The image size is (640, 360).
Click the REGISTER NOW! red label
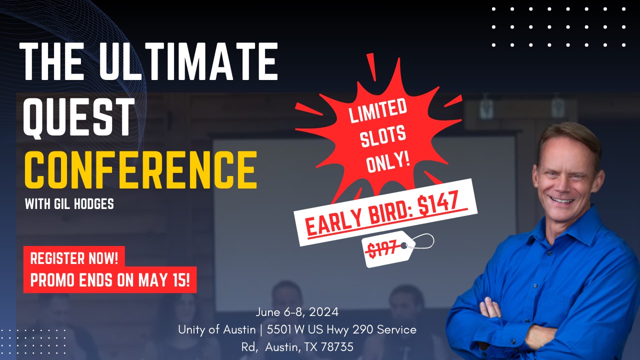(74, 258)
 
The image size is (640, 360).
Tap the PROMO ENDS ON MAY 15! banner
(110, 280)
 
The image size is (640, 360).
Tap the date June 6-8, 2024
(297, 312)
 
